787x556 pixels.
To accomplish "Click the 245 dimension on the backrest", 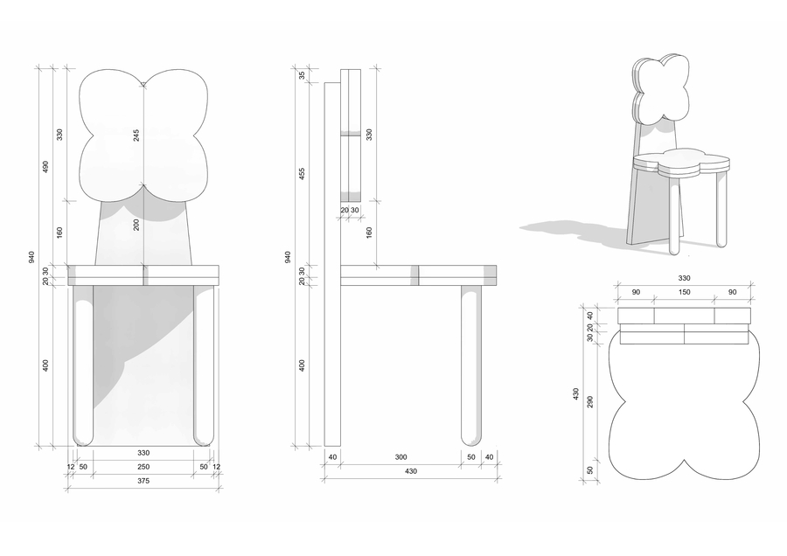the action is click(x=136, y=135).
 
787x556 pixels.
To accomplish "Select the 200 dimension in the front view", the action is click(x=136, y=225).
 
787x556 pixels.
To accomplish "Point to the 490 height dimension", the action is click(x=45, y=167).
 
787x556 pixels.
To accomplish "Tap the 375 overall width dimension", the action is click(x=143, y=481).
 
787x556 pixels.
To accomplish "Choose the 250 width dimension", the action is click(x=143, y=467).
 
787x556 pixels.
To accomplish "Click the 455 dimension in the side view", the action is click(x=302, y=174).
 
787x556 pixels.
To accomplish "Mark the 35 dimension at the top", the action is click(x=302, y=75).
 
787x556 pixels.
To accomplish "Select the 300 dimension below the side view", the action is click(x=401, y=457).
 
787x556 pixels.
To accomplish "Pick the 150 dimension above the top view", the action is click(x=684, y=292).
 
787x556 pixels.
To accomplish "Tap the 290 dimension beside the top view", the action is click(x=590, y=402).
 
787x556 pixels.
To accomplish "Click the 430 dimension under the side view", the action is click(x=411, y=471).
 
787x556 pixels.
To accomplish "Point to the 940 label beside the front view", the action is click(x=31, y=257).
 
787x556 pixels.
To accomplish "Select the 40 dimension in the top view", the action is click(x=590, y=316).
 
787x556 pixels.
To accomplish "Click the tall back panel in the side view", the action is click(x=332, y=264).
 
